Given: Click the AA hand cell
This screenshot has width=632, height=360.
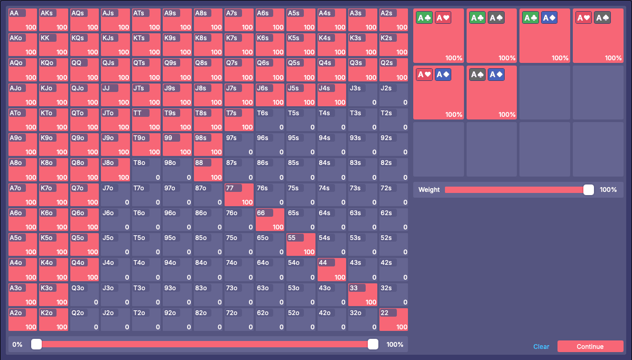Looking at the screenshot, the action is pyautogui.click(x=23, y=20).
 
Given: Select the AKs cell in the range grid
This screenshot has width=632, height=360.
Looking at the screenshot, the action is pyautogui.click(x=53, y=20).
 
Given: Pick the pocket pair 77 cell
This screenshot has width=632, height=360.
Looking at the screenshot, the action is pyautogui.click(x=239, y=195).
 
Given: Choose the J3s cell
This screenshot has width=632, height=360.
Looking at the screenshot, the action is pyautogui.click(x=363, y=95).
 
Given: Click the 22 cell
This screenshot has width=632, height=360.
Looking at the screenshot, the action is pyautogui.click(x=394, y=320).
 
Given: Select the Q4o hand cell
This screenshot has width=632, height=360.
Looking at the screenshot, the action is pyautogui.click(x=85, y=270).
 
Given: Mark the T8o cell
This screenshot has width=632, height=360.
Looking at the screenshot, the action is pyautogui.click(x=146, y=170).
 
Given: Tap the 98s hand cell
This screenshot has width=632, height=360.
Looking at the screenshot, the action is pyautogui.click(x=208, y=145).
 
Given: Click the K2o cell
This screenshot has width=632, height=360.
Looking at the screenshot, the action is pyautogui.click(x=53, y=320).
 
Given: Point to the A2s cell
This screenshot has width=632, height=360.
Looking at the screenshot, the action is pyautogui.click(x=394, y=20).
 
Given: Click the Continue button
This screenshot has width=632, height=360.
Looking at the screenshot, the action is pyautogui.click(x=590, y=346).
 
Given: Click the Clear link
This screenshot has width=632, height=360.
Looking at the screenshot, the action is pyautogui.click(x=541, y=347).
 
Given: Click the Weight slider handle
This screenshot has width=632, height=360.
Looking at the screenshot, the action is pyautogui.click(x=589, y=189).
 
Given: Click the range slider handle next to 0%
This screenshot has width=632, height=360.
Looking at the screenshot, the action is pyautogui.click(x=36, y=344).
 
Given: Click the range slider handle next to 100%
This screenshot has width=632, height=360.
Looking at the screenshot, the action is pyautogui.click(x=373, y=344).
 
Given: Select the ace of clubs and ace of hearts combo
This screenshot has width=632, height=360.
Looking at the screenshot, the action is pyautogui.click(x=439, y=36).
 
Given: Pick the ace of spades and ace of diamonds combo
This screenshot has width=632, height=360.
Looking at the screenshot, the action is pyautogui.click(x=491, y=93).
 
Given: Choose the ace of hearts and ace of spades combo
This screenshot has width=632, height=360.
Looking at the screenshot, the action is pyautogui.click(x=598, y=36).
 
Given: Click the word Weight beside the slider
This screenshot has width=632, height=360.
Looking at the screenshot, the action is pyautogui.click(x=429, y=189).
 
